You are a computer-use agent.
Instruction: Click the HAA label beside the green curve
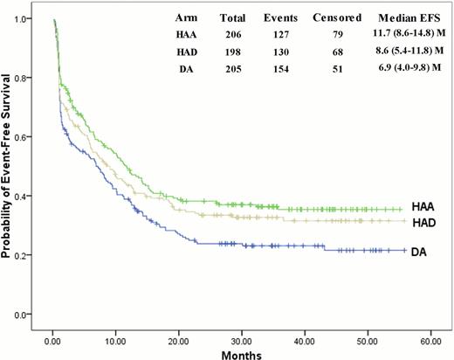pos(423,207)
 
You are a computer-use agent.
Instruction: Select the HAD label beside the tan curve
pos(423,223)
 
